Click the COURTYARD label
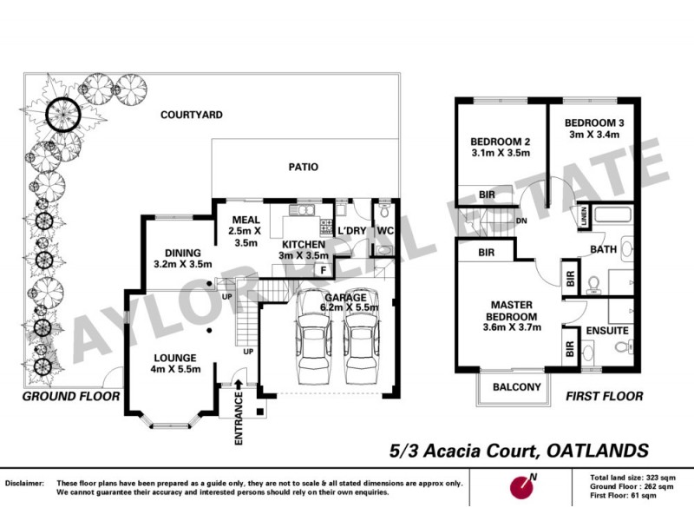click(x=190, y=115)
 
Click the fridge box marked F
click(x=323, y=269)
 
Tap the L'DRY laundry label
click(x=351, y=230)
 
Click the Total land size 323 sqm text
click(x=638, y=478)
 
